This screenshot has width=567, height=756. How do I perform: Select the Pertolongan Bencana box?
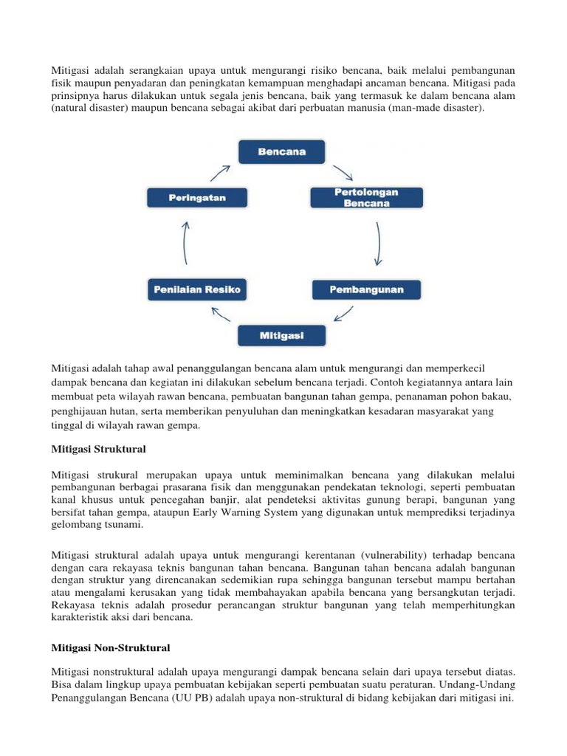tap(365, 198)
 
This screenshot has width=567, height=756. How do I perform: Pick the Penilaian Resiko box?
tap(196, 289)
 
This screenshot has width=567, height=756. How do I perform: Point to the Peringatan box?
tap(196, 198)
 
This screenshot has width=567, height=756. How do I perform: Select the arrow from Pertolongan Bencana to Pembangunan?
tap(378, 244)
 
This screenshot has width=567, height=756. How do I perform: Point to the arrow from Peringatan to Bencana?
tap(220, 173)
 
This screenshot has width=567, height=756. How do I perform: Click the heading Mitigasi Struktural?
tap(98, 449)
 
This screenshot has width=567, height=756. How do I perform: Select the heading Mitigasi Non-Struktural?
tap(111, 648)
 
